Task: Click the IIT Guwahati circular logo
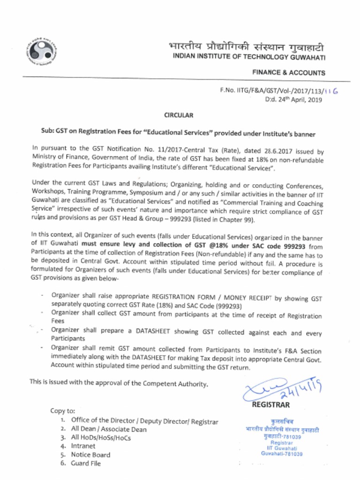pyautogui.click(x=41, y=50)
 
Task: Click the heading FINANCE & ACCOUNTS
pyautogui.click(x=288, y=73)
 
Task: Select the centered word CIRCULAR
pyautogui.click(x=178, y=115)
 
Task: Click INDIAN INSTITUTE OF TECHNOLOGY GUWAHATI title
pyautogui.click(x=249, y=57)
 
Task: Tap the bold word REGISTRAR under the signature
pyautogui.click(x=271, y=405)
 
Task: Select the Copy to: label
pyautogui.click(x=62, y=411)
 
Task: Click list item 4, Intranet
pyautogui.click(x=82, y=446)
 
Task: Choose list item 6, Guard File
pyautogui.click(x=85, y=463)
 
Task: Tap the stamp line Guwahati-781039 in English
pyautogui.click(x=282, y=454)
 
